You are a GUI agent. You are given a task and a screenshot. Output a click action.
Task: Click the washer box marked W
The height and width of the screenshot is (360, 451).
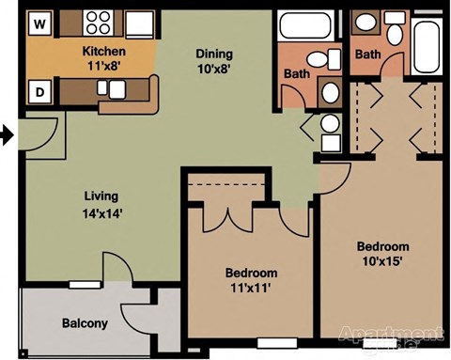click(39, 22)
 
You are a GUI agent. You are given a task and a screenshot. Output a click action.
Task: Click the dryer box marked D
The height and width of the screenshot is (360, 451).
click(40, 91)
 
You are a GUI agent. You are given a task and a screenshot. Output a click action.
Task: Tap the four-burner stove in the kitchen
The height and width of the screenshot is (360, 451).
click(98, 23)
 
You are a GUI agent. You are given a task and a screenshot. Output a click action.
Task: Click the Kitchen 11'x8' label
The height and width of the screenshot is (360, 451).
click(104, 58)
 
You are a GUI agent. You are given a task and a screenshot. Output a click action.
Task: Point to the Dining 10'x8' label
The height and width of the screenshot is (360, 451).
click(212, 61)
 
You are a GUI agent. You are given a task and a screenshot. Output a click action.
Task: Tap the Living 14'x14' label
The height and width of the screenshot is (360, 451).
click(100, 204)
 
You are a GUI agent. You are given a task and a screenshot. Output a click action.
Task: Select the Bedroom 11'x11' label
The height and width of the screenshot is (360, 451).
click(251, 280)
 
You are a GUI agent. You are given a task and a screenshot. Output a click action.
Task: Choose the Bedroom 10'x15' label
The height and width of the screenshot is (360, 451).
click(382, 254)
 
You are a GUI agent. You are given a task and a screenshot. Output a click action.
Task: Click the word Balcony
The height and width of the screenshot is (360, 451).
click(85, 323)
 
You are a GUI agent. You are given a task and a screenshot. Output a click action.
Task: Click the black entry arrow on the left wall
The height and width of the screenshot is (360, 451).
click(7, 136)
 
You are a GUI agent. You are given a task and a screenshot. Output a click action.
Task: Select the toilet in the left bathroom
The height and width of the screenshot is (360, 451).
click(328, 59)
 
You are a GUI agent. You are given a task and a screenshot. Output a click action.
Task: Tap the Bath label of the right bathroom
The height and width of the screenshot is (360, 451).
click(367, 55)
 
